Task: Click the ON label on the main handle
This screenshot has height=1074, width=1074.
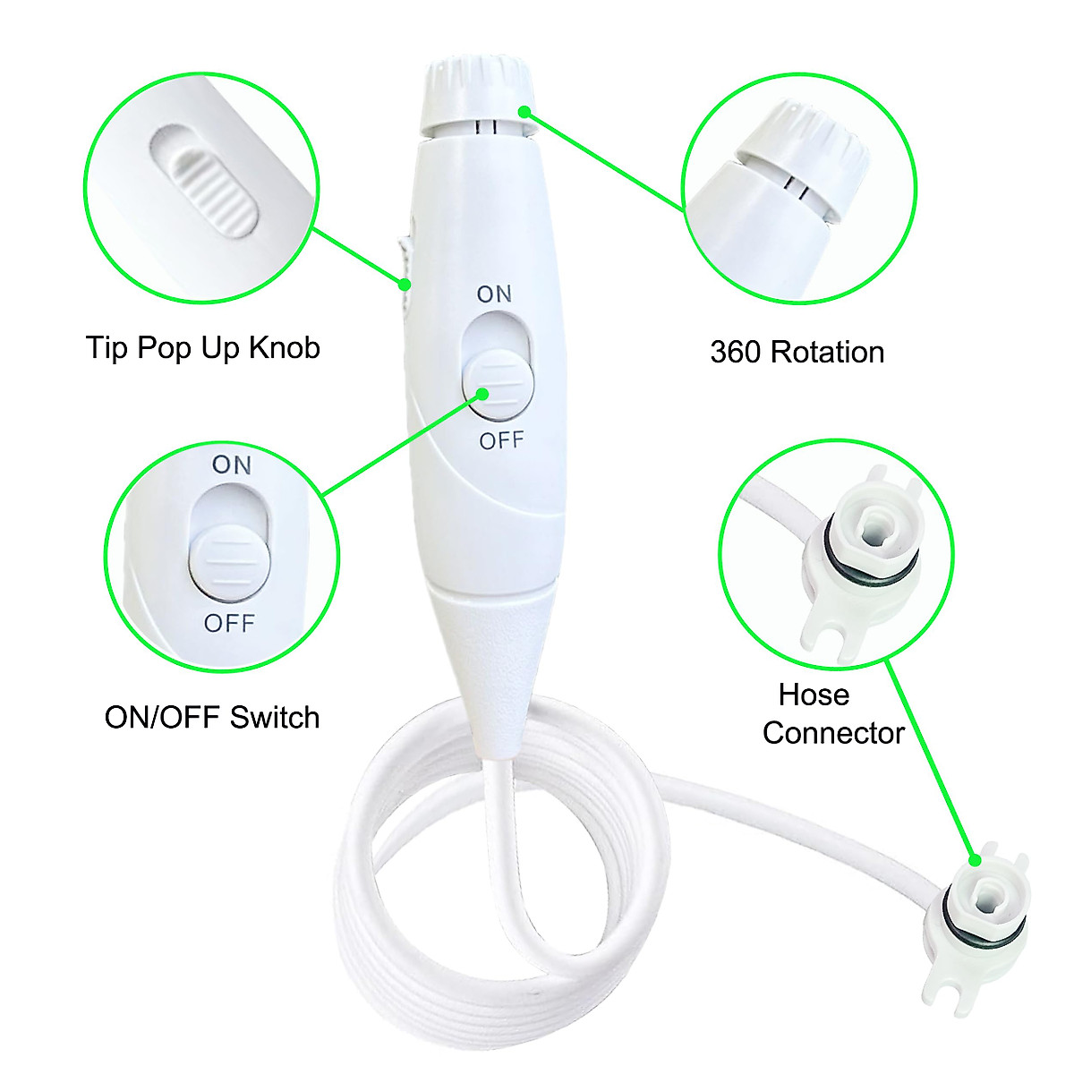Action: (x=494, y=294)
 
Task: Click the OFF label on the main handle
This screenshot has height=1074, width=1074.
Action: (x=501, y=440)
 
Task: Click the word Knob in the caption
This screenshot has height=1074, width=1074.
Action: (x=284, y=347)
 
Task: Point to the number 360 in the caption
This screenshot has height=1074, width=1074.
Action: (x=733, y=352)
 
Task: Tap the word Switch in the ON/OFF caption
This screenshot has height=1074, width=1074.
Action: (x=275, y=717)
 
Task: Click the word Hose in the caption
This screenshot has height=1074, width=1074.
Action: (x=814, y=695)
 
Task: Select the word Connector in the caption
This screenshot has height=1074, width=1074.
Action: (x=833, y=733)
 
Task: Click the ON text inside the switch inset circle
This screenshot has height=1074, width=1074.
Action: (x=232, y=465)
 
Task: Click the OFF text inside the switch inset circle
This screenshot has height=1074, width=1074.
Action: (x=229, y=623)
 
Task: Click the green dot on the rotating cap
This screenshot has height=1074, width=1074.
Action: (x=525, y=111)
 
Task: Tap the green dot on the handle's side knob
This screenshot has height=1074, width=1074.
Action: (x=405, y=285)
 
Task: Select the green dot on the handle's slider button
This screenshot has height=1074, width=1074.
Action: (x=483, y=393)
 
